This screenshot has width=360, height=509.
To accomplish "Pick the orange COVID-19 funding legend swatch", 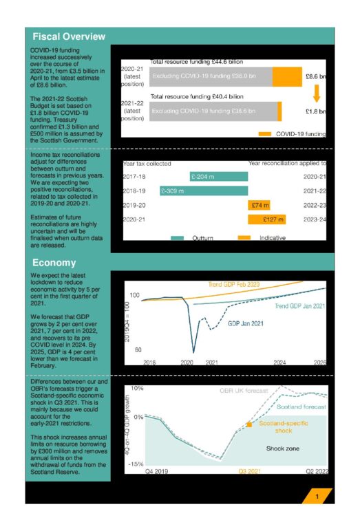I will [264, 133].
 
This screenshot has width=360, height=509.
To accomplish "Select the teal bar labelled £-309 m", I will [203, 191].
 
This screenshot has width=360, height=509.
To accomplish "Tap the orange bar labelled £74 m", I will [260, 205].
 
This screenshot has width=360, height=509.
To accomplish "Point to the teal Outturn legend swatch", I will [178, 237].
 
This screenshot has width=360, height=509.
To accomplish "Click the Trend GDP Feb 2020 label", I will [233, 284].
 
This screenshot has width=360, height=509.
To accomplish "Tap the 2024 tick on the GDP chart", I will [279, 362].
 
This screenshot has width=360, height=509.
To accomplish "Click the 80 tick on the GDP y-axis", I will [138, 350].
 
